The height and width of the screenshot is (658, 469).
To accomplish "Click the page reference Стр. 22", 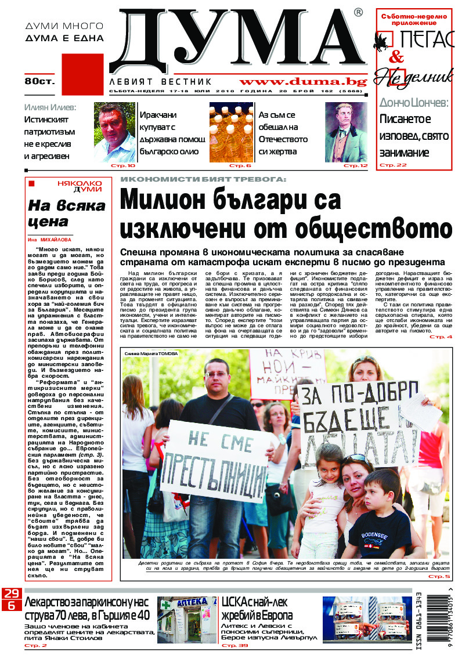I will [x=393, y=165].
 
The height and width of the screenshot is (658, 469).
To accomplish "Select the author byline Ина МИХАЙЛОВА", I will [x=50, y=239].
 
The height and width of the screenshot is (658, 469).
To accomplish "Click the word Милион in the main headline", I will [x=162, y=202].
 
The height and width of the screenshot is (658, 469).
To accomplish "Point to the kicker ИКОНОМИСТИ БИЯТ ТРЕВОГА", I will [x=203, y=180].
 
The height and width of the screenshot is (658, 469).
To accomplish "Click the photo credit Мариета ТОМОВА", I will [x=148, y=353].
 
